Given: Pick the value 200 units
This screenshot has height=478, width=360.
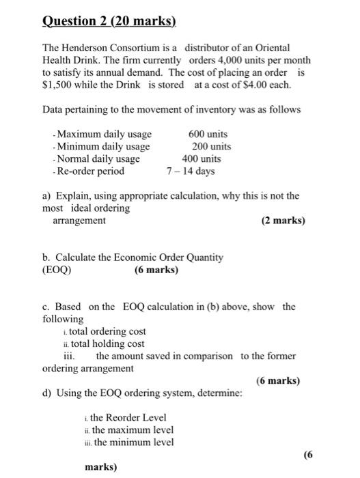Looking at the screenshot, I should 211,146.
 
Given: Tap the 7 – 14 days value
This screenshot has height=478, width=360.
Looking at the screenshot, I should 191,171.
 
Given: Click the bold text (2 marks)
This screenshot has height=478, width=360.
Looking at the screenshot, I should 283,221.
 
